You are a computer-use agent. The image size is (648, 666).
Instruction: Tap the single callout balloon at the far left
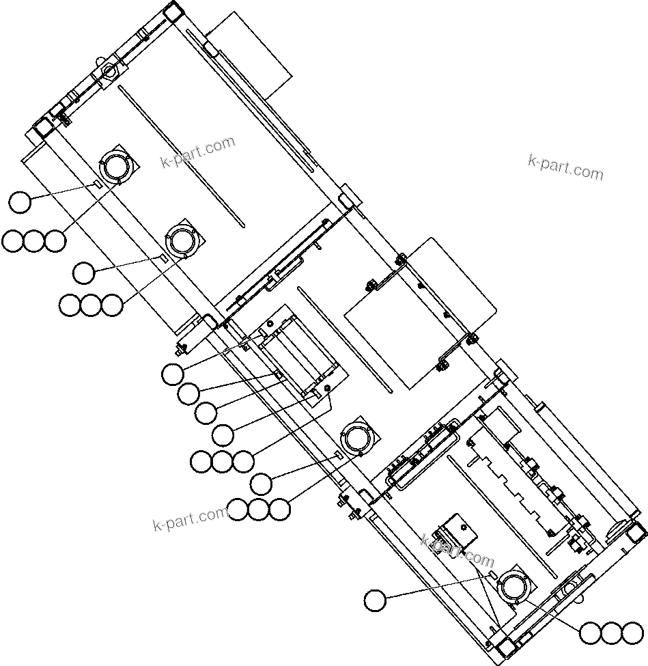[20, 202]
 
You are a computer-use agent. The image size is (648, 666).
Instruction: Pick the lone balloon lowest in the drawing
[374, 600]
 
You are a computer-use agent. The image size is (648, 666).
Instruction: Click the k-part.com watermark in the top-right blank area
[566, 167]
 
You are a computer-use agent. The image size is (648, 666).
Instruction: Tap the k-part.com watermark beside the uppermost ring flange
[197, 152]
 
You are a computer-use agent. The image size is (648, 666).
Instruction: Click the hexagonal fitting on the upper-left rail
[109, 71]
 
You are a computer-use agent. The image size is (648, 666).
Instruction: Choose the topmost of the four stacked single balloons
[173, 374]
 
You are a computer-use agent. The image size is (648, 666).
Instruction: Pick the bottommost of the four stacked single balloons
[223, 433]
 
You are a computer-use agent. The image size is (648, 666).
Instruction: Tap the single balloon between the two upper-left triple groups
[84, 273]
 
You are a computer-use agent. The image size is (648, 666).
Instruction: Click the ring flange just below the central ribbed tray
[357, 437]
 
